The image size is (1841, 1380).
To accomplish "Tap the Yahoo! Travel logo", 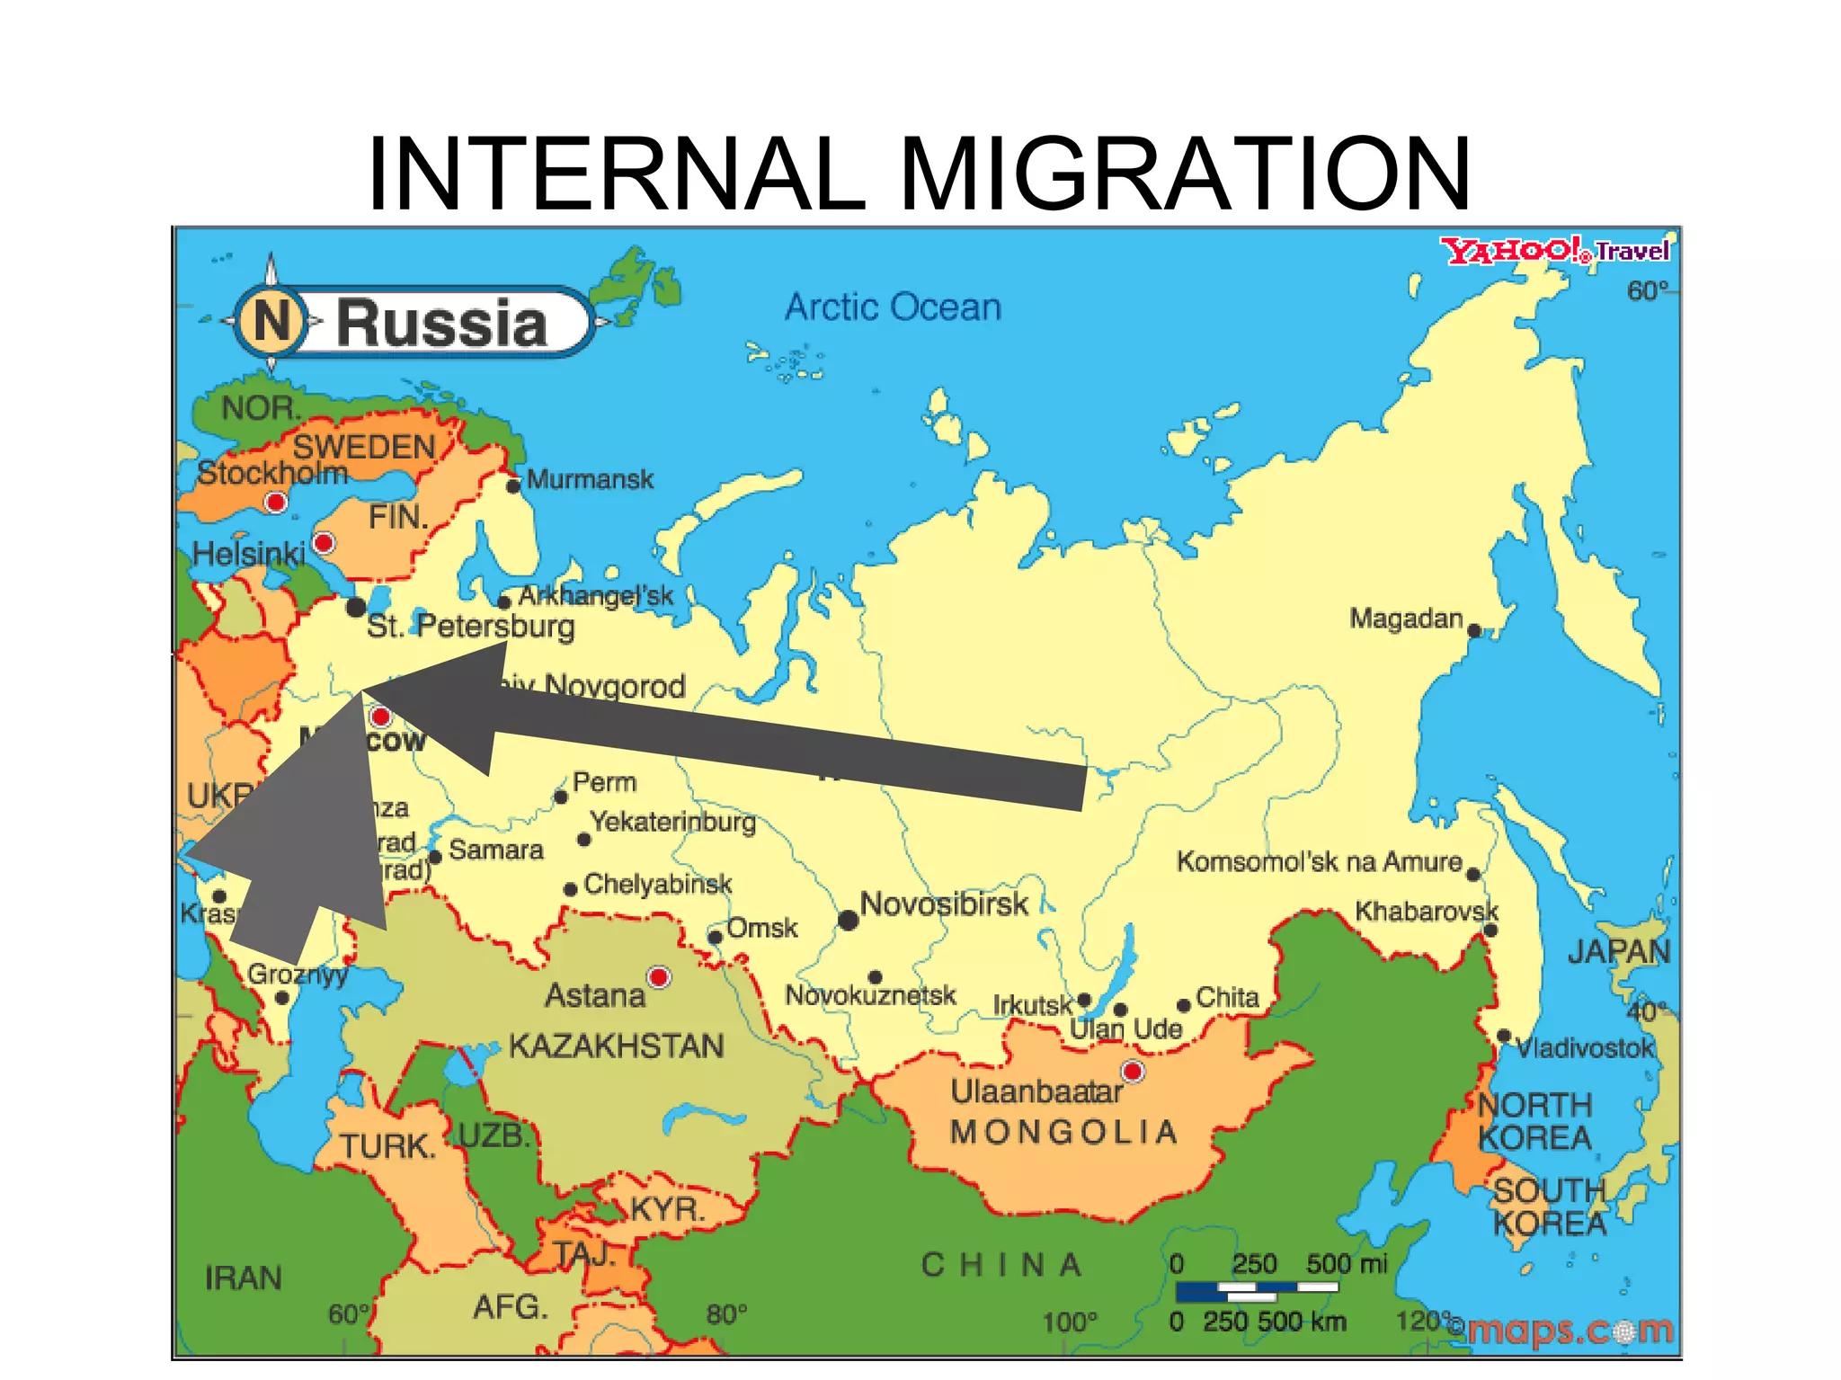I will point(1555,251).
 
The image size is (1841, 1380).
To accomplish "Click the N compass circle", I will point(271,320).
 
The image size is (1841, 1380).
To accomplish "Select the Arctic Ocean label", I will point(893,307).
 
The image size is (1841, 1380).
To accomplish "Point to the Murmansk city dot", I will point(513,485).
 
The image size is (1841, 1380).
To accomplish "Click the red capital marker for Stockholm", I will point(276,502).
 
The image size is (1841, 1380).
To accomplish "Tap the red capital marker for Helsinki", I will point(324,543).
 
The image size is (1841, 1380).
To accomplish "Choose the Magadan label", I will point(1406,619).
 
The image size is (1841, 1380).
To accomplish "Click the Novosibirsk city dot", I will point(848,920).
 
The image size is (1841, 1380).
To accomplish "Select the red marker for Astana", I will point(660,977).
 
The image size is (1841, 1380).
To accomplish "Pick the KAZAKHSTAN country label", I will point(616,1046).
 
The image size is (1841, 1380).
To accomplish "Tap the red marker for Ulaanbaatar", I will point(1133,1072).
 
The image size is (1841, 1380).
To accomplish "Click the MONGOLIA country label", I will point(1064,1132).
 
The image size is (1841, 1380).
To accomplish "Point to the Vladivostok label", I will point(1584,1048).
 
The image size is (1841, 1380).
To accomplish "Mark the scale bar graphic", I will point(1257,1291).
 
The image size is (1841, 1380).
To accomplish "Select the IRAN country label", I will point(243,1278).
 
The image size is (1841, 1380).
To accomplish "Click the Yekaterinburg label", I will point(673,822).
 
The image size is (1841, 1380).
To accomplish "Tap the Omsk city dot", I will point(715,937).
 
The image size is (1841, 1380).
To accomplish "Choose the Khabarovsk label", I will point(1426,911).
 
